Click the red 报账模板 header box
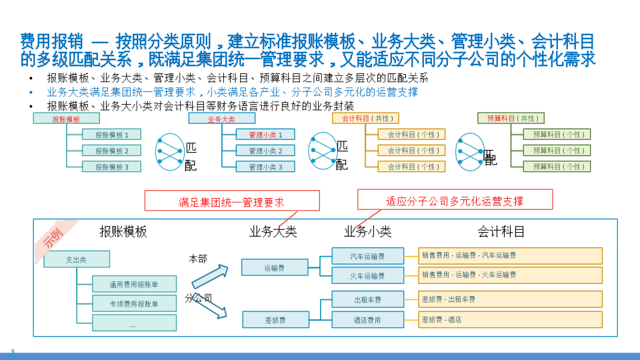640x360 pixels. [66, 119]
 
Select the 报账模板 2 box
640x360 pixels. [111, 151]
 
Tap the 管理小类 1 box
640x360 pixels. [265, 135]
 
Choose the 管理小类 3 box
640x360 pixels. [265, 167]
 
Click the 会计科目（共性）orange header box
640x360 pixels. [365, 118]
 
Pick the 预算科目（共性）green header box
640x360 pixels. [511, 118]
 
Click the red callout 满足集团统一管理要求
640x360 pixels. [231, 201]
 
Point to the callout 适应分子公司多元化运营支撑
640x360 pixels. [455, 200]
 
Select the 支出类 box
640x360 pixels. [76, 259]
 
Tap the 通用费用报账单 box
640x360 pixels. [134, 284]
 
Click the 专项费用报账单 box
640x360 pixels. [134, 304]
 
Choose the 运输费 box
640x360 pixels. [275, 268]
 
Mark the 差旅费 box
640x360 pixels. [275, 320]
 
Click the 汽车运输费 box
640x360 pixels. [367, 256]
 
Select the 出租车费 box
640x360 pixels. [367, 299]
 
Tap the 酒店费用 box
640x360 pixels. [367, 320]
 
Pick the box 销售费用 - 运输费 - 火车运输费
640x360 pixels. [510, 275]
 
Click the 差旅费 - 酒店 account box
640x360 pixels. [510, 320]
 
